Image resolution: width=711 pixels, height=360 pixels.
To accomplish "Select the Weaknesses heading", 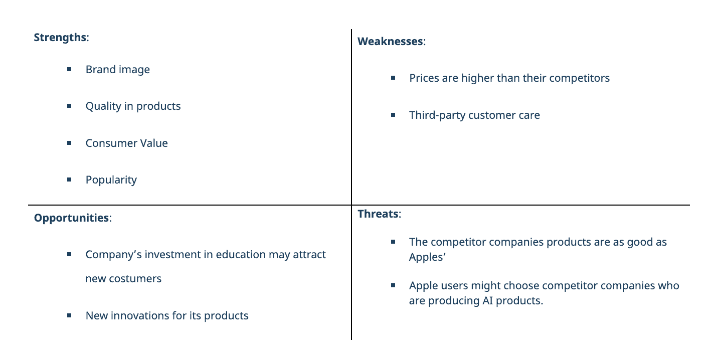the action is coord(392,42).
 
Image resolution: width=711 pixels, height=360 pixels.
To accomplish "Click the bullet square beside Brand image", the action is coord(69,69).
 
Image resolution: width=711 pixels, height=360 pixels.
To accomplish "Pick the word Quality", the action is coord(103,106).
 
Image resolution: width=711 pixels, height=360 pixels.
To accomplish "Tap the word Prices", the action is coord(424,78).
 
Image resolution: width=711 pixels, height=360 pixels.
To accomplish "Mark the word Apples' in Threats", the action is coord(427,257).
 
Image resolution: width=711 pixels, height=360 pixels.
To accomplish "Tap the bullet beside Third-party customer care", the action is coord(393,115).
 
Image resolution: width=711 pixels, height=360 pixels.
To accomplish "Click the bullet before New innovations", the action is coord(69,315).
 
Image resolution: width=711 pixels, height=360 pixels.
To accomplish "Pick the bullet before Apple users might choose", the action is coord(393,285).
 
